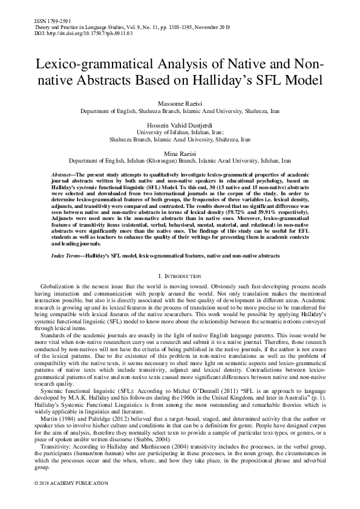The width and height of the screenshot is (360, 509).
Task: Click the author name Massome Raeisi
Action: click(180, 106)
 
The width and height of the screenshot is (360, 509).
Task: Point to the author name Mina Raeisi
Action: click(180, 154)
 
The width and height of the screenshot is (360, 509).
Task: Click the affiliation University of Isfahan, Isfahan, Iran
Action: click(180, 133)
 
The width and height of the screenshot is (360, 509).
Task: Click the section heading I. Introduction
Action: click(180, 275)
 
